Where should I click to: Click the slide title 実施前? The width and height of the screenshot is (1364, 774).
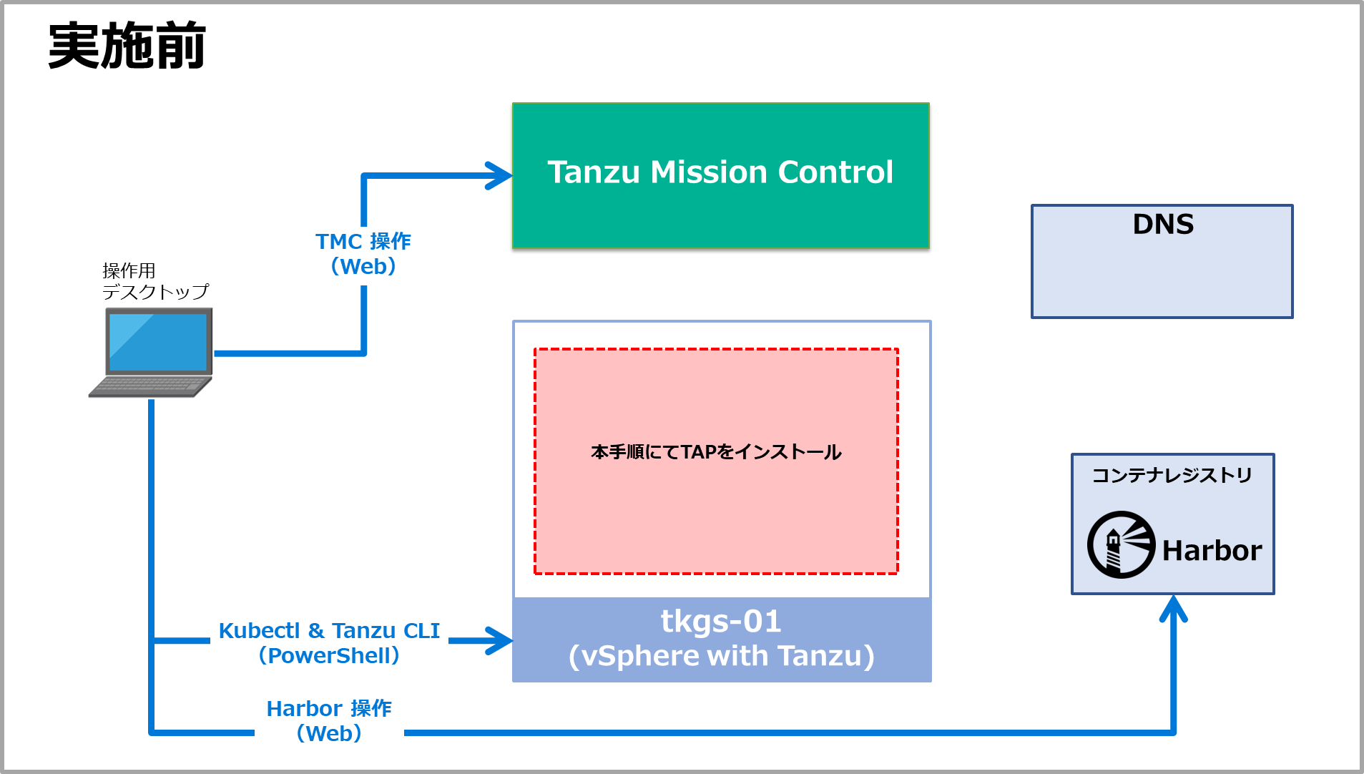pyautogui.click(x=127, y=46)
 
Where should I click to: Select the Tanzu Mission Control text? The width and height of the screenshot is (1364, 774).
pyautogui.click(x=720, y=172)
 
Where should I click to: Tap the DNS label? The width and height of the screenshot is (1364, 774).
pyautogui.click(x=1163, y=225)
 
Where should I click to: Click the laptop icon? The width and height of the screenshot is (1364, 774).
pyautogui.click(x=152, y=351)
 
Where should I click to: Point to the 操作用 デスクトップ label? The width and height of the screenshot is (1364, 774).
pyautogui.click(x=154, y=281)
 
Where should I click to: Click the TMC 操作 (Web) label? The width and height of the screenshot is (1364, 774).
pyautogui.click(x=363, y=254)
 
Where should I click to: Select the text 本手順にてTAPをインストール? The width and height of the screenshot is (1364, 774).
pyautogui.click(x=716, y=452)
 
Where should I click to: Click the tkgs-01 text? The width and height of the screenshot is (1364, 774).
pyautogui.click(x=721, y=621)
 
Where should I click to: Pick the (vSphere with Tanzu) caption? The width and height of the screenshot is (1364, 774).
pyautogui.click(x=721, y=656)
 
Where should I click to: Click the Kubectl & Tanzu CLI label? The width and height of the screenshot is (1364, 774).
pyautogui.click(x=329, y=631)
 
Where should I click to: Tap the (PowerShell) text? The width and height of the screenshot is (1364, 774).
pyautogui.click(x=329, y=655)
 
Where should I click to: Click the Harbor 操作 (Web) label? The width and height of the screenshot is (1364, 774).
pyautogui.click(x=329, y=720)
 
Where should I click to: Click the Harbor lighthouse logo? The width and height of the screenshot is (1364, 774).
pyautogui.click(x=1121, y=544)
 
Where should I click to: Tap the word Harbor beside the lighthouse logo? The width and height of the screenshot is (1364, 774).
pyautogui.click(x=1212, y=551)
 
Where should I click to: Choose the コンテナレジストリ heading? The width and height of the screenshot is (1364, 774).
pyautogui.click(x=1172, y=476)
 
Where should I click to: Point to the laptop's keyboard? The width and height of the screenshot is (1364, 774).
pyautogui.click(x=150, y=387)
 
